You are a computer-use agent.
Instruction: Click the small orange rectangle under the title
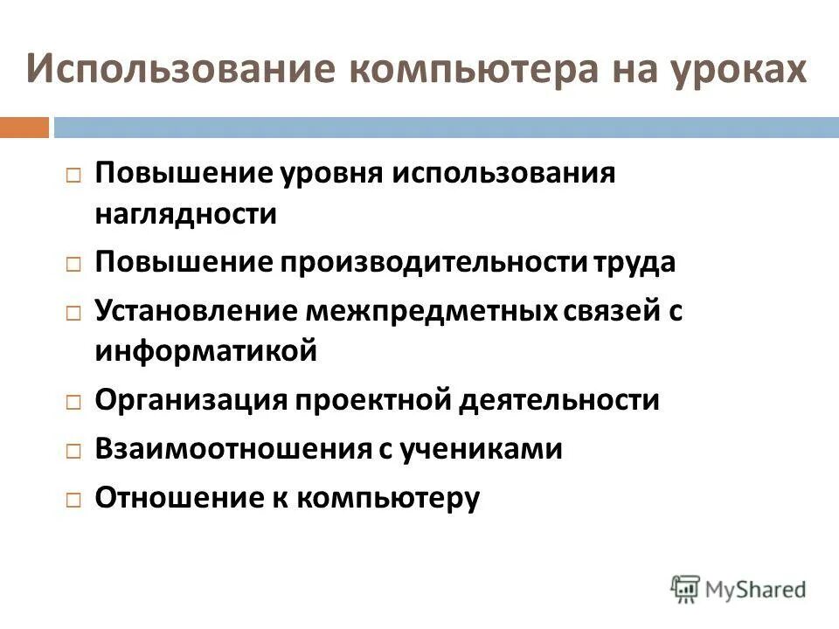pyautogui.click(x=24, y=128)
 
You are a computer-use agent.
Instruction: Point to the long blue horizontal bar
pyautogui.click(x=446, y=128)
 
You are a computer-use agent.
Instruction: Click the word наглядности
pyautogui.click(x=186, y=214)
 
